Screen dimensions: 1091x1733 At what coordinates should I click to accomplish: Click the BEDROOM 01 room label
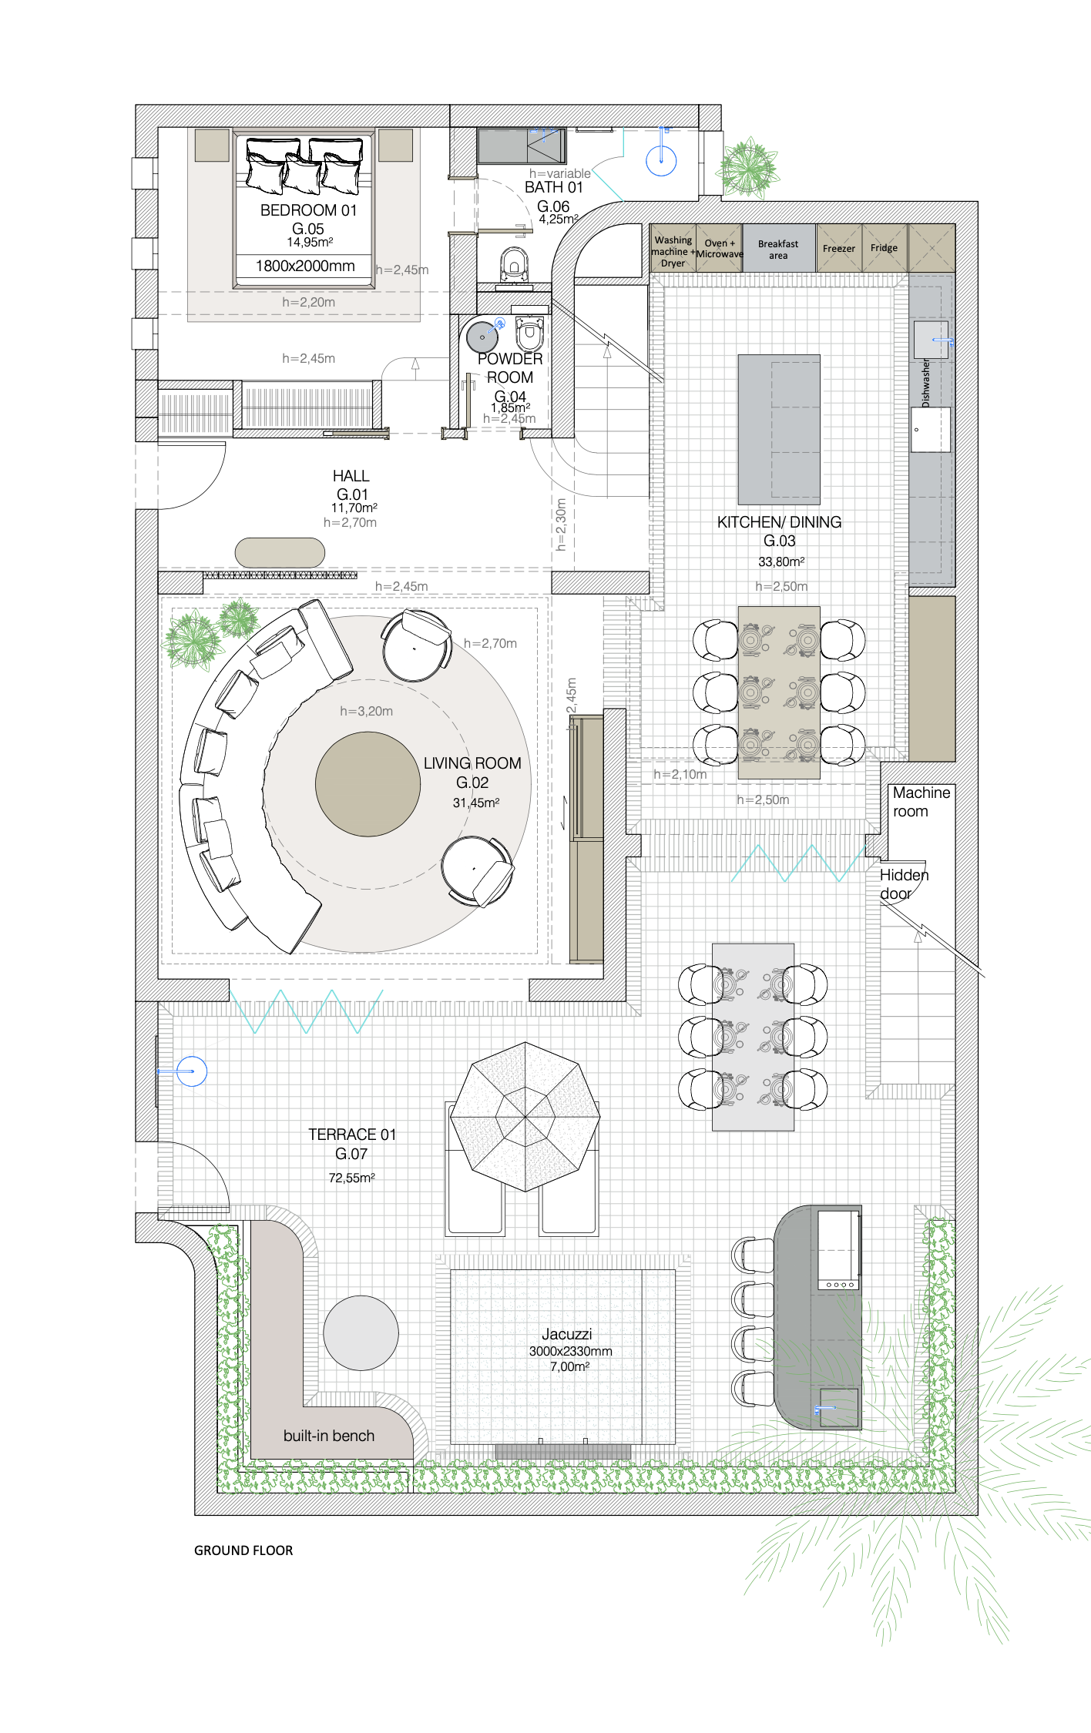pos(308,210)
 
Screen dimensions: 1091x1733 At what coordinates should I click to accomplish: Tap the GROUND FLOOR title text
pos(243,1550)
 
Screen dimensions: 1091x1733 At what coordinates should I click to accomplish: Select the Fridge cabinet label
pos(885,248)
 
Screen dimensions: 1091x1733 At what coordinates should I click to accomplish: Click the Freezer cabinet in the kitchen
pos(839,248)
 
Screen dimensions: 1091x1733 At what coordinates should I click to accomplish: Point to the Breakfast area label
pos(778,250)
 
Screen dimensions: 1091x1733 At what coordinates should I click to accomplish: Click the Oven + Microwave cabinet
pos(720,248)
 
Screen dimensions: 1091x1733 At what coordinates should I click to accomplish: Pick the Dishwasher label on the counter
pos(925,383)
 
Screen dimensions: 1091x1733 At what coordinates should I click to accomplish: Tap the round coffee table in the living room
pos(368,784)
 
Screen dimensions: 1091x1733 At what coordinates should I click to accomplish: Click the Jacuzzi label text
pos(566,1334)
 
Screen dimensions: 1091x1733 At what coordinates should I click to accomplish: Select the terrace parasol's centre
pos(525,1116)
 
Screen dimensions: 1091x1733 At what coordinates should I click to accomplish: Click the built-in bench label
pos(329,1436)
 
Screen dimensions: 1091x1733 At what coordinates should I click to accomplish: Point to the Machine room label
pos(921,802)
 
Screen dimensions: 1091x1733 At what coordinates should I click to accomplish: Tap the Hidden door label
pos(904,884)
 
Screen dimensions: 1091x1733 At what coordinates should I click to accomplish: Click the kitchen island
pos(779,430)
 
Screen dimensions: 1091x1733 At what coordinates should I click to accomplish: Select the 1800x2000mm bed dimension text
pos(305,266)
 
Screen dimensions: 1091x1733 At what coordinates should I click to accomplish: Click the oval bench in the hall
pos(280,552)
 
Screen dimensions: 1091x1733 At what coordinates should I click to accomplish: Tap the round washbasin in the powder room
pos(482,337)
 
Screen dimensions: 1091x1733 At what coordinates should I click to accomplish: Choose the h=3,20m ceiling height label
pos(367,711)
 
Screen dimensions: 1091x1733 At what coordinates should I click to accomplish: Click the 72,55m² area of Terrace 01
pos(352,1178)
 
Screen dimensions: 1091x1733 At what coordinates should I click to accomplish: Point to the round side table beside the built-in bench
pos(361,1333)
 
